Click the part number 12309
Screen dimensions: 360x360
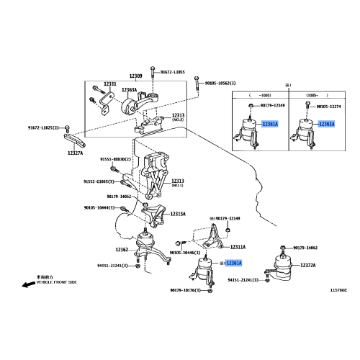(x=135, y=76)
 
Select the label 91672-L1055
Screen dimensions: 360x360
(x=172, y=72)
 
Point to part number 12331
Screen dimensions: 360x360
(x=109, y=84)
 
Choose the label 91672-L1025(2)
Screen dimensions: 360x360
(x=45, y=128)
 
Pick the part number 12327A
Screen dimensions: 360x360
(x=76, y=153)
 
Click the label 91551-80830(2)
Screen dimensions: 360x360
(x=114, y=159)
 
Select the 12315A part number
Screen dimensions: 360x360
(x=178, y=214)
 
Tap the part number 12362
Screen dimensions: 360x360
(x=121, y=250)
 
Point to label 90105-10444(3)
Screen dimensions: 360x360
(x=99, y=207)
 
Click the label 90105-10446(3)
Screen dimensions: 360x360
(x=186, y=253)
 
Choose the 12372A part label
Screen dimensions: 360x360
(x=308, y=266)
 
